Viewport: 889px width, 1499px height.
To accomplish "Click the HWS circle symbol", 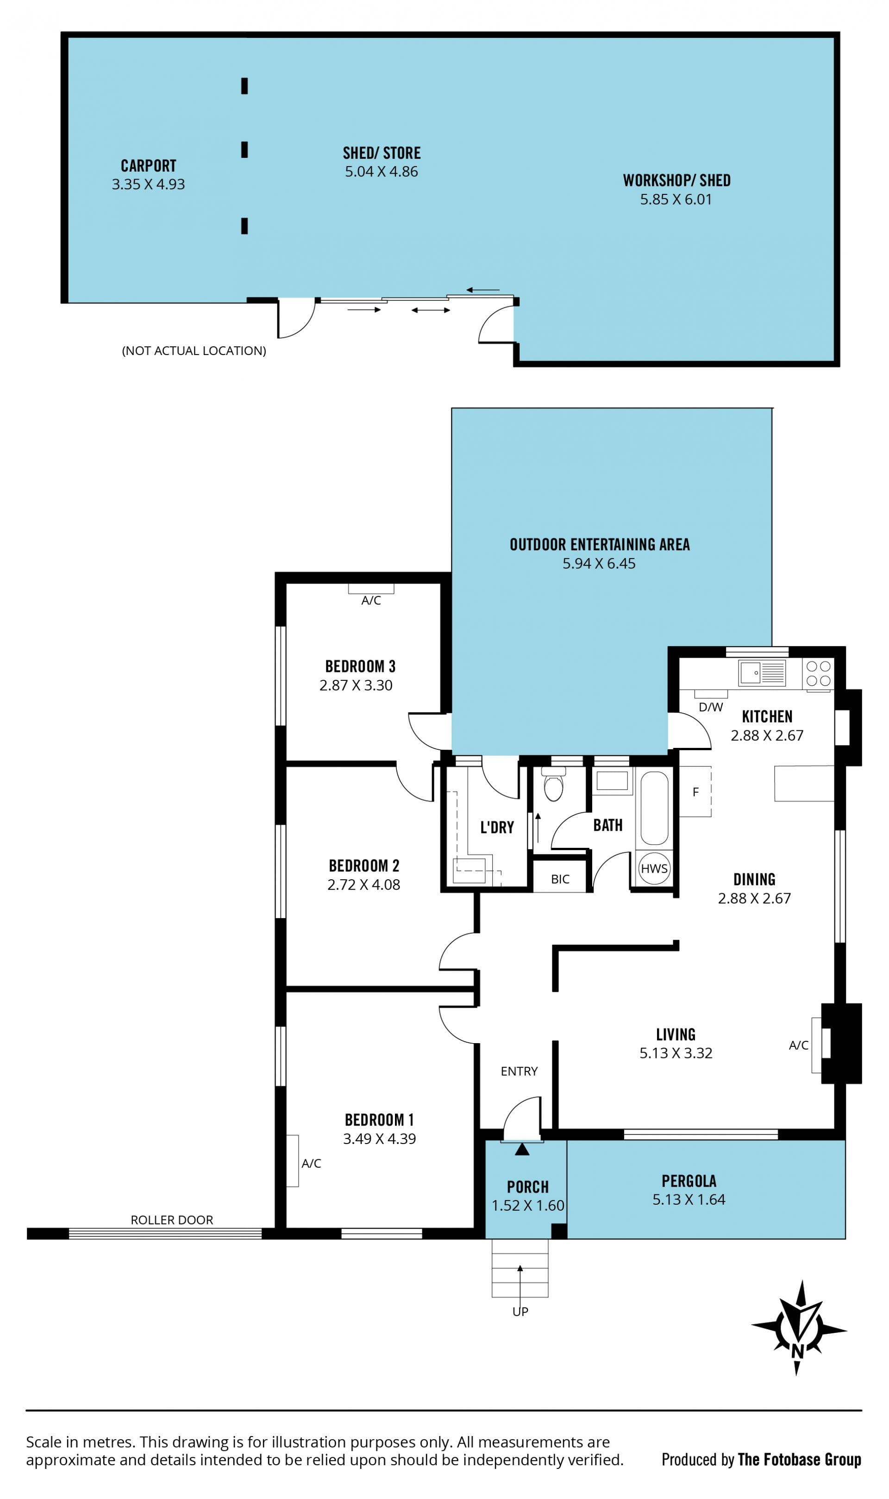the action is click(x=654, y=868).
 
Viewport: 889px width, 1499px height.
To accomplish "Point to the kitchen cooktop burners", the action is click(x=818, y=673).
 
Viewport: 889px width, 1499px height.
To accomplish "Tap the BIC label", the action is click(x=560, y=879).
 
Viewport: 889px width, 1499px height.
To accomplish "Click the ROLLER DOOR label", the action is click(x=172, y=1219).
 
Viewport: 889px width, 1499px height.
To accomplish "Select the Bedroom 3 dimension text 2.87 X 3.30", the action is click(x=356, y=685).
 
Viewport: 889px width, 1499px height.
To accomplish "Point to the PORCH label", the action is click(x=528, y=1187).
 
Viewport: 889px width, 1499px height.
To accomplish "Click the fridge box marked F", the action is click(x=695, y=791).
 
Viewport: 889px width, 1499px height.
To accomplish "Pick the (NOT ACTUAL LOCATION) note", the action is click(x=194, y=351).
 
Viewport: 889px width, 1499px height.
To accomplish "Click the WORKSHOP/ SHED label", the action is click(x=677, y=180).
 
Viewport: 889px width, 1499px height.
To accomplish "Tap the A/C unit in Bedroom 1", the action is click(x=292, y=1161).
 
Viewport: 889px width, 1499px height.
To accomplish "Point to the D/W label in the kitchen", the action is click(x=711, y=707).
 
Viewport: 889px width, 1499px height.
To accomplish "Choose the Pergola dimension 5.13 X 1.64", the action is click(x=689, y=1199).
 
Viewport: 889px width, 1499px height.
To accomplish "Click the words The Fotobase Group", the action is click(x=800, y=1460).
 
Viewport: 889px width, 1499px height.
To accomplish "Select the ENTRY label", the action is click(x=520, y=1071).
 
